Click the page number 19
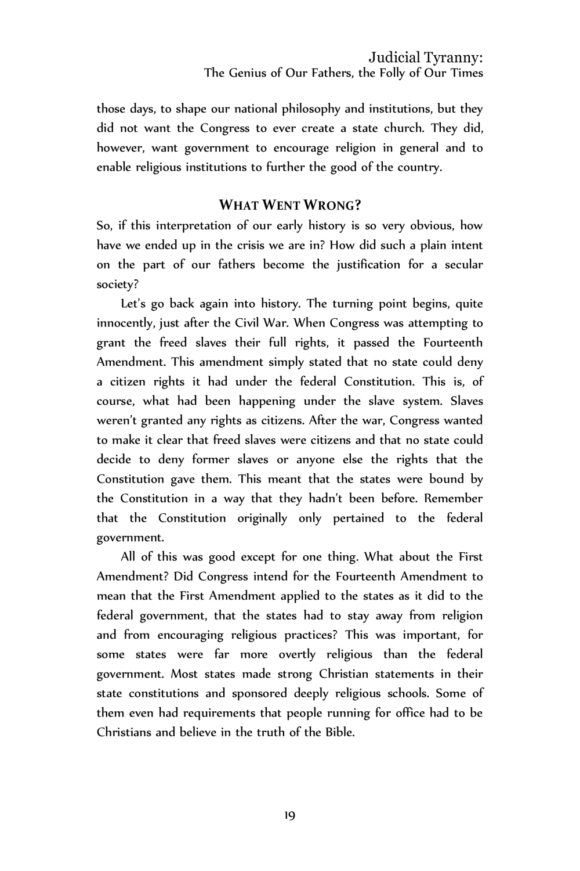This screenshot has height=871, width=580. pyautogui.click(x=290, y=816)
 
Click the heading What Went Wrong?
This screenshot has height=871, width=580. pyautogui.click(x=289, y=205)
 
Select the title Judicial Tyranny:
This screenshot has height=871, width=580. pyautogui.click(x=426, y=57)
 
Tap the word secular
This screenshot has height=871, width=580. pyautogui.click(x=463, y=265)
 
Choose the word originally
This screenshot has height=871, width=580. pyautogui.click(x=262, y=518)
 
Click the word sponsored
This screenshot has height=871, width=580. pyautogui.click(x=259, y=693)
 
